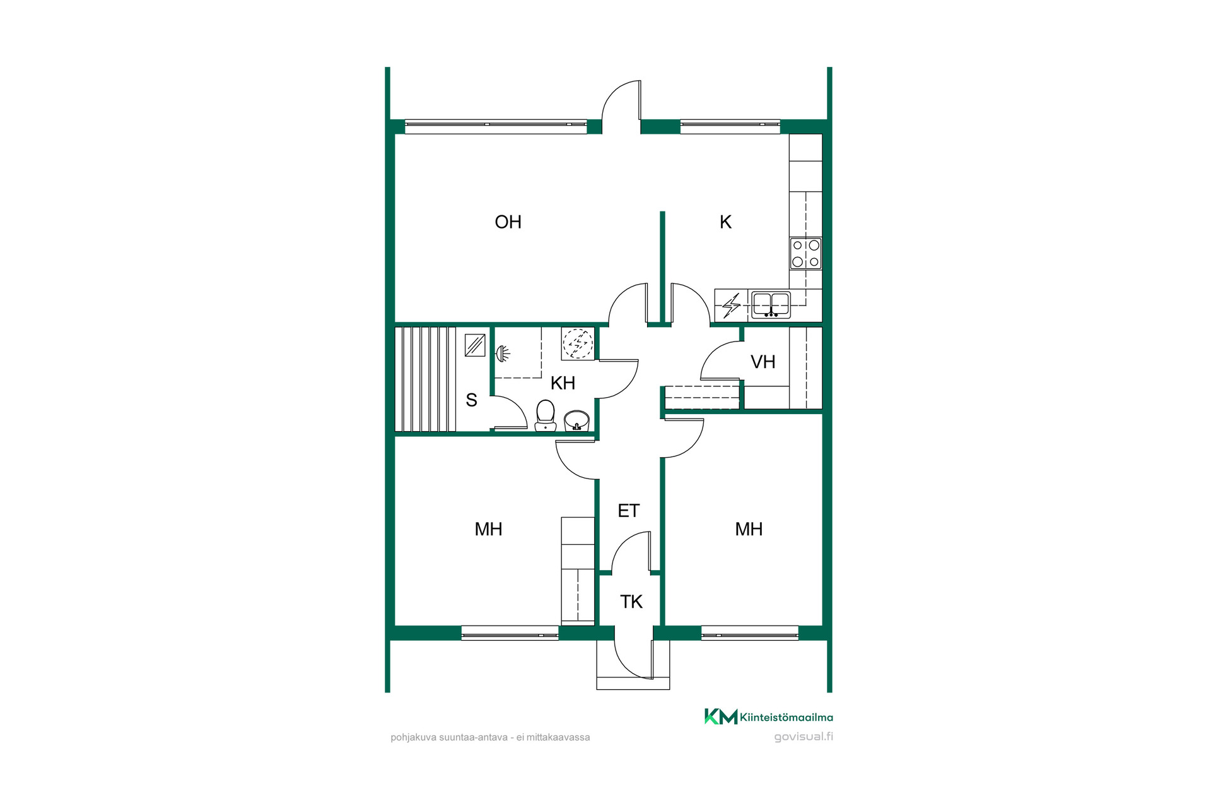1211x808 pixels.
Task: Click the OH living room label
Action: point(508,222)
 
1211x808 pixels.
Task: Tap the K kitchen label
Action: point(725,222)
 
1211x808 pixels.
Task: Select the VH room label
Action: point(763,362)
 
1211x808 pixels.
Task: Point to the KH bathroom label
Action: point(563,383)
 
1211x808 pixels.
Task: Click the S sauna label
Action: point(471,400)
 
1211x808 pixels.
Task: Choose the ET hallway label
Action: point(629,511)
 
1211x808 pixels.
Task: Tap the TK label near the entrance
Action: point(631,602)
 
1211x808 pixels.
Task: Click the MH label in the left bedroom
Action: point(488,529)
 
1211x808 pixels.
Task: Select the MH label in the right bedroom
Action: point(749,529)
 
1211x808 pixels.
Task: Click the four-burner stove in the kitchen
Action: point(805,253)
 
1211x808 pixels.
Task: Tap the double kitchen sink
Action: point(771,304)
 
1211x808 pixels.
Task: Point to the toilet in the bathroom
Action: point(546,415)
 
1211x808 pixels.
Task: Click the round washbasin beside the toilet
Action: point(576,420)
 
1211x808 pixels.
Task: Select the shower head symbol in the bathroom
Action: point(503,353)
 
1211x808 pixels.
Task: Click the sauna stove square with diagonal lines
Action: point(475,345)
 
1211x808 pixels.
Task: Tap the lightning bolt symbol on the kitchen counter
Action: point(731,306)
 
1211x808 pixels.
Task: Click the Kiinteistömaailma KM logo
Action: point(721,716)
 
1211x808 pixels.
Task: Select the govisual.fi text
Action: point(804,737)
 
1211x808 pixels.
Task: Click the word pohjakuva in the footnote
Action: point(413,737)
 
